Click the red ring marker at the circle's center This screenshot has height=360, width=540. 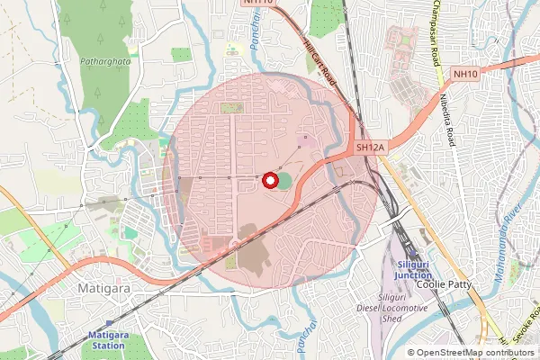click(268, 180)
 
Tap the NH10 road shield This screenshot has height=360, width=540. click(464, 75)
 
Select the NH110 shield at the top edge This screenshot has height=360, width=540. click(257, 4)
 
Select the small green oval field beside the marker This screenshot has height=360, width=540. click(285, 181)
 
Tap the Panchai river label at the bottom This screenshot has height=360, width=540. click(301, 337)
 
